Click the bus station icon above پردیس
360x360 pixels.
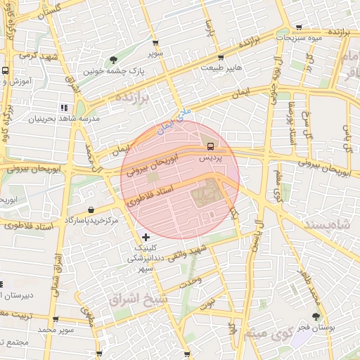pos(210,146)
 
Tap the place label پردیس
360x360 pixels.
pos(210,159)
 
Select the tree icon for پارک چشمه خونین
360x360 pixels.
pos(114,60)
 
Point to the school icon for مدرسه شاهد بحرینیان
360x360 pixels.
pos(64,108)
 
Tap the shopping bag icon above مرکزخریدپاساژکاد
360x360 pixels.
pos(92,210)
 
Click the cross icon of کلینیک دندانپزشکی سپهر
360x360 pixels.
pos(146,237)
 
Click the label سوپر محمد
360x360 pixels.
pos(56,329)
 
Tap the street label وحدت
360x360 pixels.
pos(191,281)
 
